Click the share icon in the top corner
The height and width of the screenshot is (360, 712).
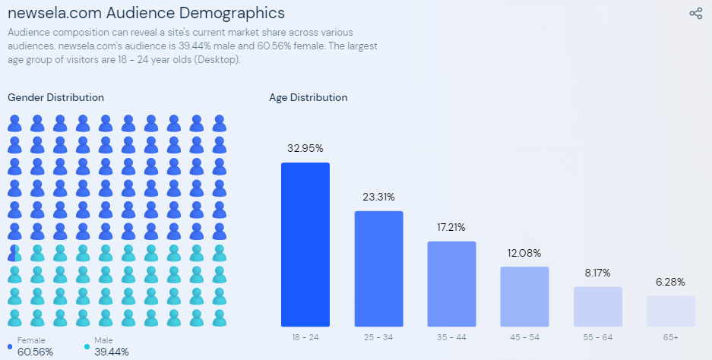[x=695, y=13]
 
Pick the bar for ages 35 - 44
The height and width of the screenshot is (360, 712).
[x=451, y=284]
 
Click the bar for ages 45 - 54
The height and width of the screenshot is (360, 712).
[x=524, y=297]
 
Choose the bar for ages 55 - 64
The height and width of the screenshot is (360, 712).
[x=597, y=307]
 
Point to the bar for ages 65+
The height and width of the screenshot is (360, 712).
[x=670, y=311]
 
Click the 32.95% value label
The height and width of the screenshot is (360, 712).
[x=305, y=148]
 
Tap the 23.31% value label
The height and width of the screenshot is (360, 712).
[x=378, y=197]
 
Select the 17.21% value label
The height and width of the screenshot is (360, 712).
[x=451, y=227]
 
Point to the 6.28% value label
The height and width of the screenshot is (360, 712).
[x=670, y=282]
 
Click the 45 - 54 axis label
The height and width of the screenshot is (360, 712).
[x=524, y=336]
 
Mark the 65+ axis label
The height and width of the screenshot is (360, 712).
[x=670, y=336]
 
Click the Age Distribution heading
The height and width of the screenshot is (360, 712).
[x=308, y=97]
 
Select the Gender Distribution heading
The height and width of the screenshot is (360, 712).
[x=55, y=97]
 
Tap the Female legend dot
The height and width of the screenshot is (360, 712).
[x=10, y=347]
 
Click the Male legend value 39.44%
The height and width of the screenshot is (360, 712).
[x=112, y=352]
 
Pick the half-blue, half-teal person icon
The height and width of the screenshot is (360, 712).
[x=14, y=253]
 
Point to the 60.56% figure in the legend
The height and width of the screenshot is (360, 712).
[x=35, y=352]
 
